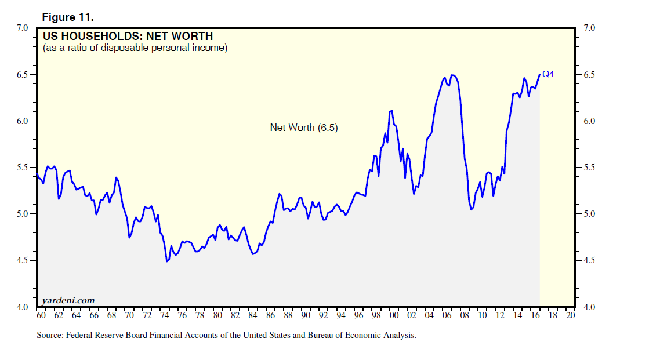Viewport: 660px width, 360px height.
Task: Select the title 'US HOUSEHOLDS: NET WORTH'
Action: coord(128,37)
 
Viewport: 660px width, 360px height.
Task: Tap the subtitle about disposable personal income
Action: coord(135,48)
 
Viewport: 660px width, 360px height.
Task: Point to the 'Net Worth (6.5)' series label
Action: coord(304,128)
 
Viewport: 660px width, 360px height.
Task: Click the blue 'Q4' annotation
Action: coord(548,74)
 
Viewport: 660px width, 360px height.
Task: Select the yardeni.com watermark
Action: coord(68,300)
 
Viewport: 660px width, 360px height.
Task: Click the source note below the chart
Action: coord(227,335)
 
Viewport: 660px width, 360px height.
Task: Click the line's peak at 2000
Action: coord(392,110)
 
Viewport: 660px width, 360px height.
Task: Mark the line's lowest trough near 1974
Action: coord(167,261)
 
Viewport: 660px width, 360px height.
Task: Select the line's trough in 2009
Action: coord(472,209)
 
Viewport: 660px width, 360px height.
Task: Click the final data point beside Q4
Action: coord(540,74)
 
